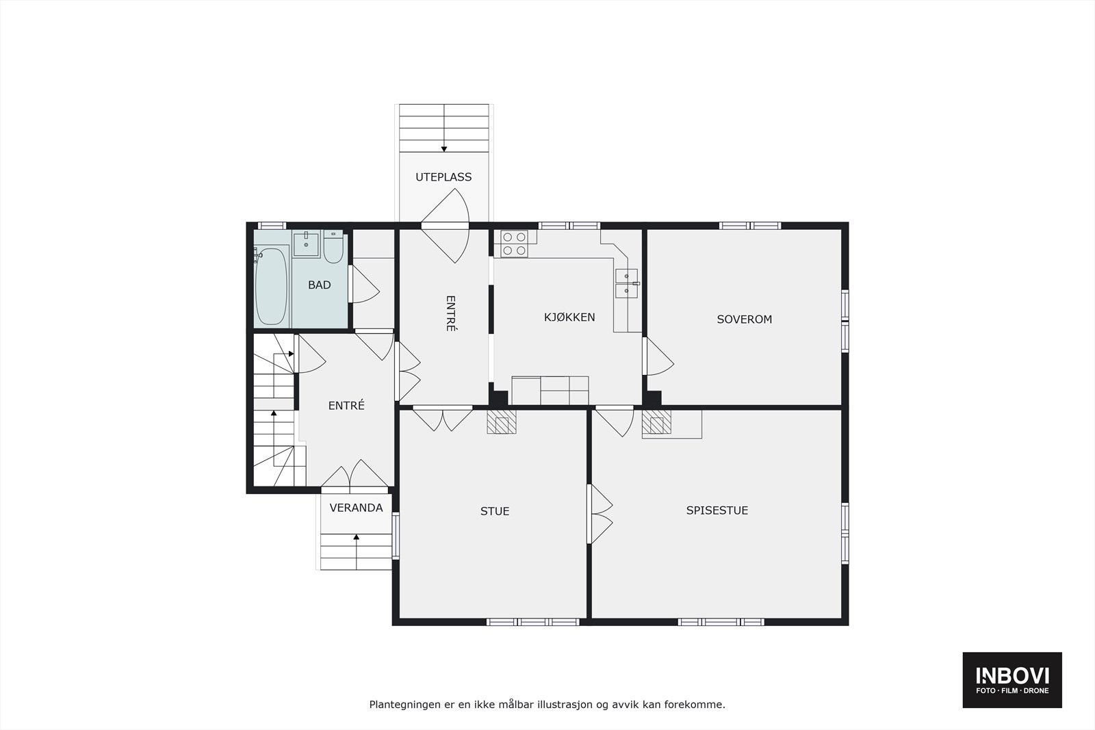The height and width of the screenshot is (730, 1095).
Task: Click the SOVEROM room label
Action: [744, 320]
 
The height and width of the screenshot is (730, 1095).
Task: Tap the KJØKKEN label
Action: [569, 317]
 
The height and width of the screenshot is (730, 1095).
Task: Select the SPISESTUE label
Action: [717, 510]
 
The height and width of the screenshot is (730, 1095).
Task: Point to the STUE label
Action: [494, 511]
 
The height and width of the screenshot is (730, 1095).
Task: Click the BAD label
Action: [319, 285]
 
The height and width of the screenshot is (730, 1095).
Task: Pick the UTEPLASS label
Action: [443, 177]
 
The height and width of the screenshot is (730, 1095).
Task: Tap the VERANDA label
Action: [356, 508]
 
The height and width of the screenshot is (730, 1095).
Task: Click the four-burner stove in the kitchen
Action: [514, 244]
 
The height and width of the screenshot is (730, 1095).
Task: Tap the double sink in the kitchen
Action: [627, 284]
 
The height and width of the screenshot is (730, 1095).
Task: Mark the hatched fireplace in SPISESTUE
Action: [656, 423]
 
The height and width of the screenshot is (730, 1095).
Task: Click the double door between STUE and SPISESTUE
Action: [600, 514]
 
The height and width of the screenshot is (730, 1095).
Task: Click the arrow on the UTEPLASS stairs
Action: [444, 148]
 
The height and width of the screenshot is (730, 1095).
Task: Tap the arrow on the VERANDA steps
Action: [357, 538]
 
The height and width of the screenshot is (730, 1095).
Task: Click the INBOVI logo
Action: [1012, 679]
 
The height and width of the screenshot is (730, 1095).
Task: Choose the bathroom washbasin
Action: [306, 244]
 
